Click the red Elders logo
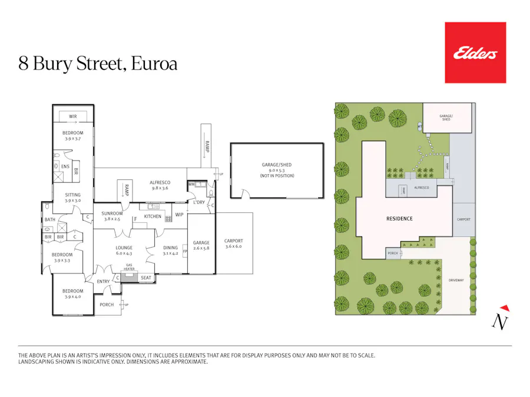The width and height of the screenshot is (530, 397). [x=475, y=53]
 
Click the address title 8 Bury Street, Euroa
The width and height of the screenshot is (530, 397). [x=98, y=63]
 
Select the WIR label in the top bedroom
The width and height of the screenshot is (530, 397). [x=73, y=116]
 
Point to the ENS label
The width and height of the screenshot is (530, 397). [x=65, y=166]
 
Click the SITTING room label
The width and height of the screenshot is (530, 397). [x=73, y=195]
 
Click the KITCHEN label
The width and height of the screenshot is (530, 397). [x=153, y=216]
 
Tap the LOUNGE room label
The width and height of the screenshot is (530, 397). [x=124, y=248]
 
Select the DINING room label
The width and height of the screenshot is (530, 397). [x=170, y=248]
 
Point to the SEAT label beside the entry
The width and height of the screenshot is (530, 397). [x=145, y=278]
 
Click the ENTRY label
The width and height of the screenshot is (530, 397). [x=103, y=282]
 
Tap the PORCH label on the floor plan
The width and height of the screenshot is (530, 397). [x=107, y=305]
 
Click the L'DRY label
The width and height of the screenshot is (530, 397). [x=199, y=202]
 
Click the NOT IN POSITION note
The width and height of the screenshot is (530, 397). [x=277, y=176]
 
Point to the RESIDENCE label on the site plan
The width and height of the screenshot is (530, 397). [x=399, y=219]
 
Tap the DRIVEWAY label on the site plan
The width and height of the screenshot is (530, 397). [x=456, y=280]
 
